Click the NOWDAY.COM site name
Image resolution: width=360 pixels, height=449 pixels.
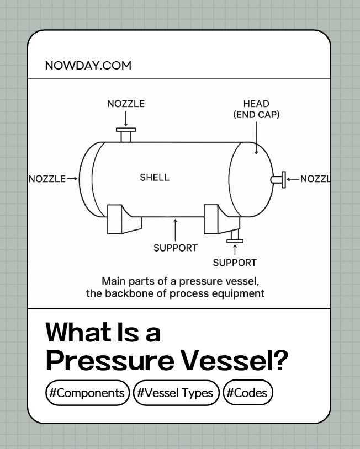coord(88,66)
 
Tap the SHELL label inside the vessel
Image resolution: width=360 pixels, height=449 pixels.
coord(155,178)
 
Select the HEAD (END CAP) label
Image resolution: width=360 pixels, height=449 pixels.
coord(256,109)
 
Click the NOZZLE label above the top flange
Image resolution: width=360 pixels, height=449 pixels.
coord(126,104)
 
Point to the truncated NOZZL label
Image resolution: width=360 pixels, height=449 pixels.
coord(315,178)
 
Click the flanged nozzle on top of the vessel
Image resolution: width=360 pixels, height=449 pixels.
coord(126,135)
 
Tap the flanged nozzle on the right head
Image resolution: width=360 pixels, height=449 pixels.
coord(279,179)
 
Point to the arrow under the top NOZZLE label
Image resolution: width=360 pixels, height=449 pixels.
coord(126,118)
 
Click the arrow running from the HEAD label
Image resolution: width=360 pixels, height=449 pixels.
coord(256,138)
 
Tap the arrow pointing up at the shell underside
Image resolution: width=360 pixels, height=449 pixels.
coord(175,228)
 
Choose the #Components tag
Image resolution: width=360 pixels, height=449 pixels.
coord(88,393)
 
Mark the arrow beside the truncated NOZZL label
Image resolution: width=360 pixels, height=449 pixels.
coord(293,178)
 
